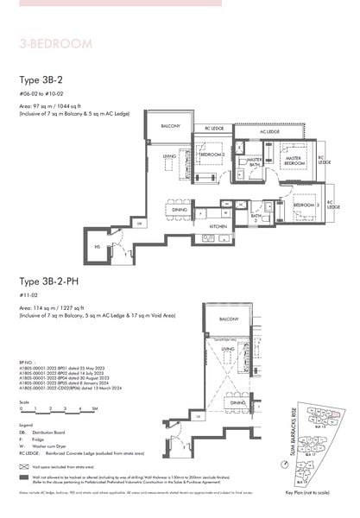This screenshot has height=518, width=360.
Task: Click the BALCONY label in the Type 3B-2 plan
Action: [x=170, y=126]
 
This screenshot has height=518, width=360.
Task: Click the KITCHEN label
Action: [x=218, y=226]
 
